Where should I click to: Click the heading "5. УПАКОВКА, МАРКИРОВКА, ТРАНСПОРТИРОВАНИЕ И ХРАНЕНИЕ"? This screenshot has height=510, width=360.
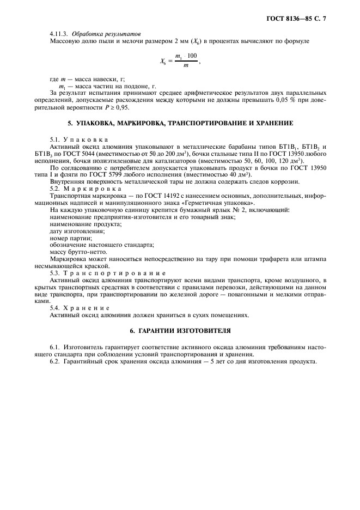point(180,123)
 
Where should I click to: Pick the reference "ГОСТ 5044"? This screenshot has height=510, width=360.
point(77,155)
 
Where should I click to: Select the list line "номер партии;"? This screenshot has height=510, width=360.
point(70,238)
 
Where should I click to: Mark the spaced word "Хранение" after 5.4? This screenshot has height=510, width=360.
point(89,308)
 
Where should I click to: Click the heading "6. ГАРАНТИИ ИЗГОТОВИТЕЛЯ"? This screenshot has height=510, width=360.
point(180,331)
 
